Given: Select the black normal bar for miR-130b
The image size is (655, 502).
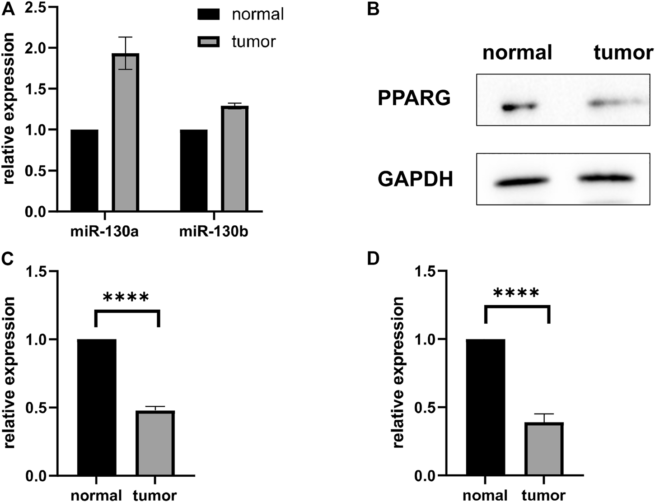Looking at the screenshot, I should point(194,170).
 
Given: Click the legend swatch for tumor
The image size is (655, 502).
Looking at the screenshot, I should point(208,42).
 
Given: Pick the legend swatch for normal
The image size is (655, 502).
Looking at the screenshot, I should point(208,14).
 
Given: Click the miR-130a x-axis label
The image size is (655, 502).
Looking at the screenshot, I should point(104,232).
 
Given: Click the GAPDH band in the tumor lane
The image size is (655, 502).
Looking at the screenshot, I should point(604,178).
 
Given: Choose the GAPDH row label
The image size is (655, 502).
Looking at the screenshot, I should point(415,180).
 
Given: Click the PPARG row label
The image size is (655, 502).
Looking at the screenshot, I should point(414,98).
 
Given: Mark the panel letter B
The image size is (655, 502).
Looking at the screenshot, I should point(373,9).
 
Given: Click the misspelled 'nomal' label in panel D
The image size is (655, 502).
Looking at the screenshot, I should point(486,495).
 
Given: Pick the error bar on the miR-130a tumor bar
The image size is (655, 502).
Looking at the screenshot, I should point(126,53).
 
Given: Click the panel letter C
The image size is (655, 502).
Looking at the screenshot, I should point(8,260).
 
